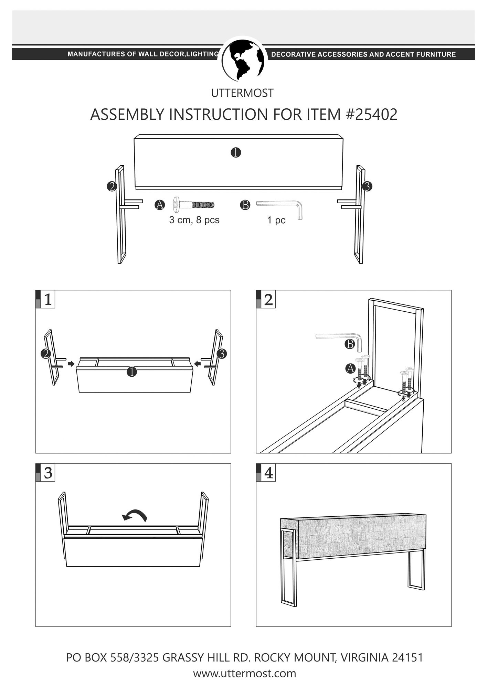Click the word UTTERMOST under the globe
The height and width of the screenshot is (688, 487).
(242, 93)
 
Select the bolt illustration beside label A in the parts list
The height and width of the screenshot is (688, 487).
(194, 205)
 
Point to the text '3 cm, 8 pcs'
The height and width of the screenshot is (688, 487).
(194, 220)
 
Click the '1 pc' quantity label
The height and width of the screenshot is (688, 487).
(276, 220)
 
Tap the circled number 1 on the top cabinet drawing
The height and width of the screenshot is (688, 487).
(236, 152)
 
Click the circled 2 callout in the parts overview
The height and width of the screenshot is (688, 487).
(112, 186)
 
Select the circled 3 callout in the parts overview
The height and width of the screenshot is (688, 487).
(367, 186)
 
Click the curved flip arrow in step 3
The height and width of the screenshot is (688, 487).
(135, 515)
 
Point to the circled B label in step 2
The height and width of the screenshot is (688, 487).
(350, 344)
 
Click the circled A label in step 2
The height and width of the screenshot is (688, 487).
(350, 368)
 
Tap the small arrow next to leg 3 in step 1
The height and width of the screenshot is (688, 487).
(197, 364)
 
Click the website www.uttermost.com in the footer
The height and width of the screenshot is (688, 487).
(244, 673)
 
